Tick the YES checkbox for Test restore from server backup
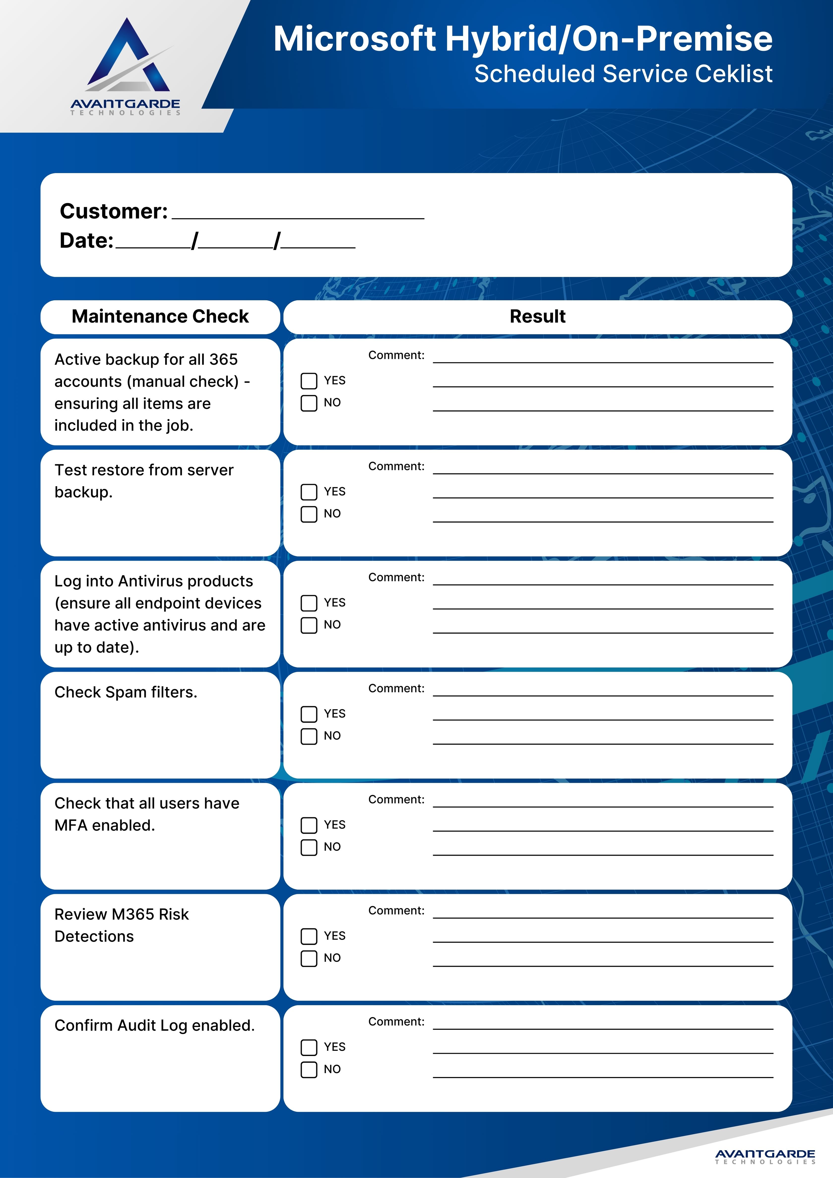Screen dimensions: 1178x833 (308, 492)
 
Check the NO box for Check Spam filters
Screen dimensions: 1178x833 (308, 736)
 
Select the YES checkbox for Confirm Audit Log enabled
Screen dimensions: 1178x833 (308, 1047)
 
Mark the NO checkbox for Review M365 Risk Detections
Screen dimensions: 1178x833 (308, 959)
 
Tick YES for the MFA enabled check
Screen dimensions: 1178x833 (308, 825)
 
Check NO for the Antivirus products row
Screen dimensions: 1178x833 (308, 625)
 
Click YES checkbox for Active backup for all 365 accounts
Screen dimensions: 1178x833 (308, 381)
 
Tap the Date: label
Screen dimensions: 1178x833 (86, 241)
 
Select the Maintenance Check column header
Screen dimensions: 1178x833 (160, 316)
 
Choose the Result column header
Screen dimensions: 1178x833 (537, 316)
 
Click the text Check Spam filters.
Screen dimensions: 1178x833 (126, 692)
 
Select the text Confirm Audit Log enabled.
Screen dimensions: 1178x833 (155, 1025)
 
